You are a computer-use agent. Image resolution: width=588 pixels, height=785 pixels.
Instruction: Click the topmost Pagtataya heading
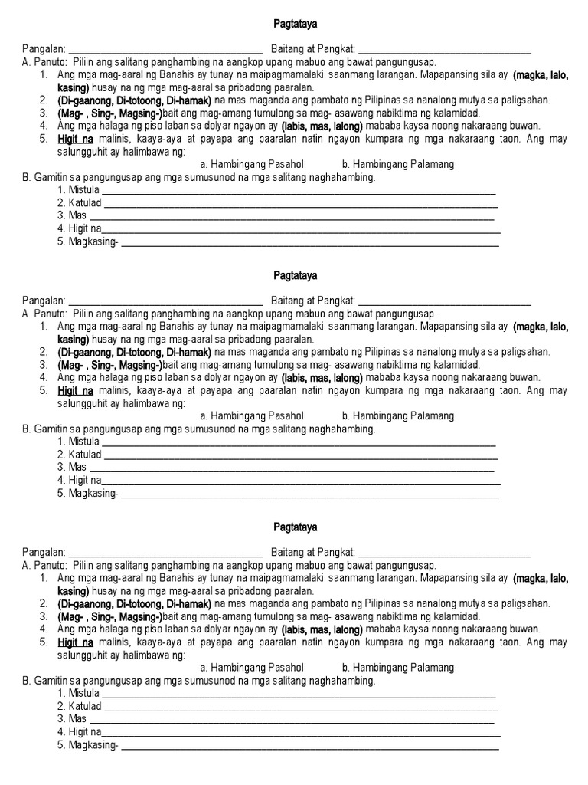point(295,24)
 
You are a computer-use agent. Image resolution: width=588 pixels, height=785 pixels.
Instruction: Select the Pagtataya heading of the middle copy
point(295,275)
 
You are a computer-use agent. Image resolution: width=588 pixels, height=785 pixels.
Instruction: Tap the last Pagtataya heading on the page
point(295,527)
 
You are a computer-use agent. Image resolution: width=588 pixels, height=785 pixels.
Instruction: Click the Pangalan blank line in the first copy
point(166,51)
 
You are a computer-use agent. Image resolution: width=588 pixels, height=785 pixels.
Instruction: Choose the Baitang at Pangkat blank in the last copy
point(444,553)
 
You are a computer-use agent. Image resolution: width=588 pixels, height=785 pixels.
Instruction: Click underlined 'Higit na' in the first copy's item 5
point(75,139)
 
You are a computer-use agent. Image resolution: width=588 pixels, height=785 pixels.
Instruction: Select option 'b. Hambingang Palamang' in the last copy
point(398,668)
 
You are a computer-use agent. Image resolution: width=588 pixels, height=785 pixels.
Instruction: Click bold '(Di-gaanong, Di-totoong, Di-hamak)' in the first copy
point(134,100)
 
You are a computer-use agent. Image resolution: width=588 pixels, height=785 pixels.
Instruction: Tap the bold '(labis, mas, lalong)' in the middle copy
point(322,378)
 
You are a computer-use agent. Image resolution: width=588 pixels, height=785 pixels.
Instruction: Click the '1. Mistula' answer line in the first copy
point(299,192)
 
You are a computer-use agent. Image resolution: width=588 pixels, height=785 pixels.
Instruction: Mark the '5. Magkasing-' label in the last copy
point(87,745)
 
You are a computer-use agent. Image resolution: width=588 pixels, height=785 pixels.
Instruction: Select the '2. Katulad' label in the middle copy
point(79,455)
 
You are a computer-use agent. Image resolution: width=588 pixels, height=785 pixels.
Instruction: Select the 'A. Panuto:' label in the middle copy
point(47,314)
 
